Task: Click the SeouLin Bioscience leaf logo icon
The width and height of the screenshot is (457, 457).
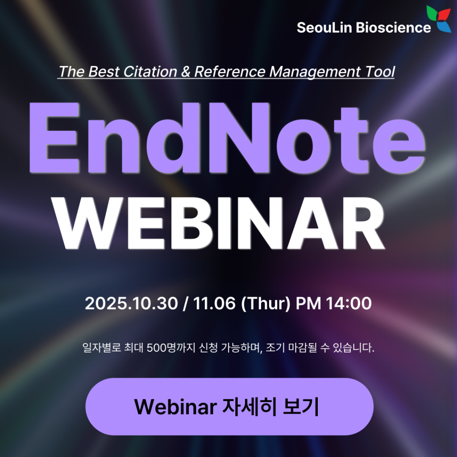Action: (439, 18)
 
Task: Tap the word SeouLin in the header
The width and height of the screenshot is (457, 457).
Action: (325, 28)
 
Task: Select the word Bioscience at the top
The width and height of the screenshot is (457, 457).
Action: (393, 28)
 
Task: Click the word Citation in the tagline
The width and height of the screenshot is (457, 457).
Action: (150, 72)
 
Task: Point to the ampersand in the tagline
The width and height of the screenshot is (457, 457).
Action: (186, 72)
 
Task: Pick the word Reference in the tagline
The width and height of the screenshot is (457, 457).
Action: (230, 72)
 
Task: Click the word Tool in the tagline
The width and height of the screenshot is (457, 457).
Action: (380, 72)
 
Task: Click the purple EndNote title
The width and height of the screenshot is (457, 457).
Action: (227, 138)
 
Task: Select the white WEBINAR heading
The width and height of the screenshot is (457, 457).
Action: (219, 224)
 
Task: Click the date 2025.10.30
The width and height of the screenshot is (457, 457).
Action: (131, 303)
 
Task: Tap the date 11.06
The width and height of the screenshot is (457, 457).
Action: (214, 303)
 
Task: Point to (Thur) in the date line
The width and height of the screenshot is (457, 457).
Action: (266, 303)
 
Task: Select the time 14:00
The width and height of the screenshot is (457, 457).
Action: (349, 303)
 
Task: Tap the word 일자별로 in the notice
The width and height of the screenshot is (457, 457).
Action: (102, 348)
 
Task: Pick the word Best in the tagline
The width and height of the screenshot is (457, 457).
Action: (104, 72)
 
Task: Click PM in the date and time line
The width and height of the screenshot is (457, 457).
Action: (308, 303)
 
